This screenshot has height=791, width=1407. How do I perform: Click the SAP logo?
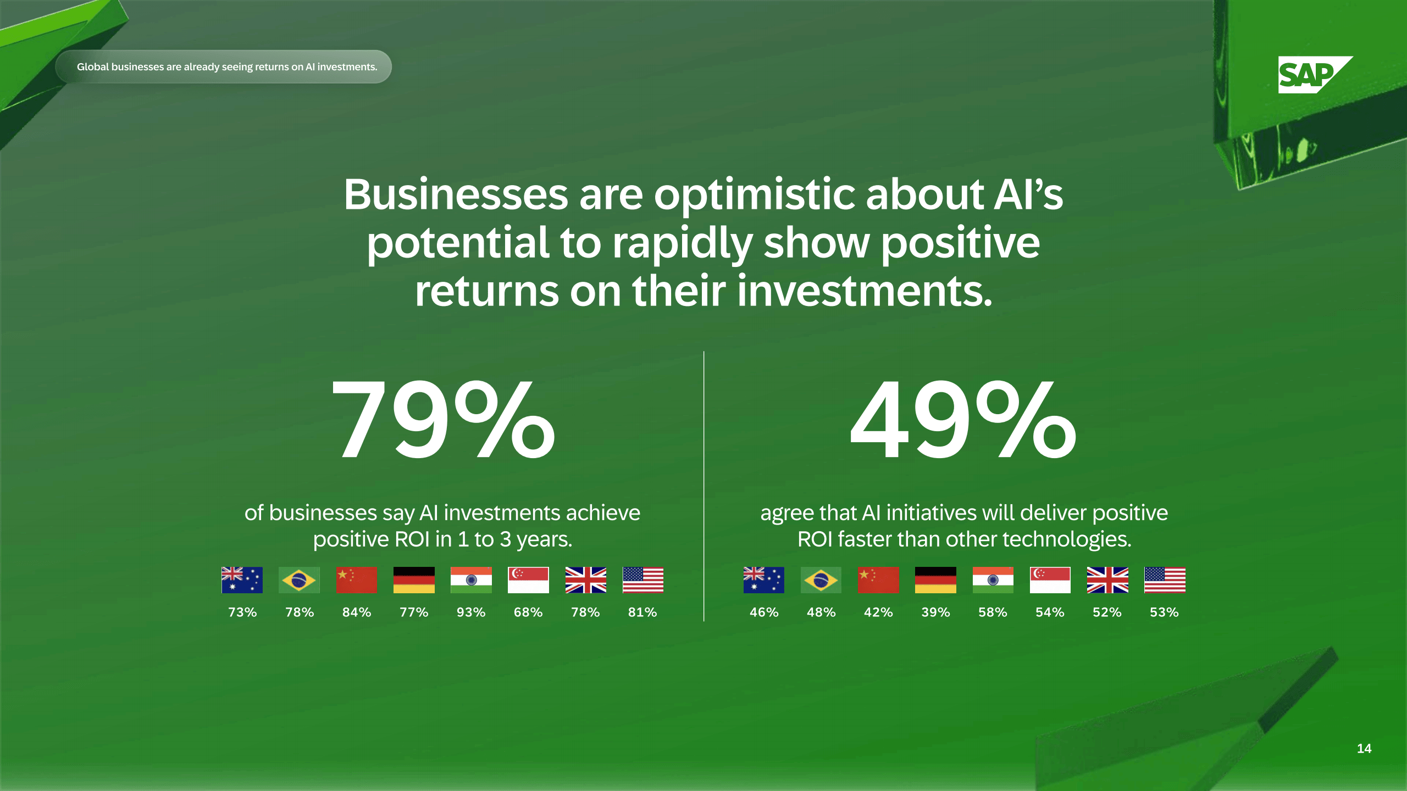[1315, 75]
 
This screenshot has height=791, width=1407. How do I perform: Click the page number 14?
[1364, 749]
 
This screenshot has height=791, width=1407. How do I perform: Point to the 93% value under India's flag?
[471, 612]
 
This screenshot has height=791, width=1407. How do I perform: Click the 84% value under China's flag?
[357, 612]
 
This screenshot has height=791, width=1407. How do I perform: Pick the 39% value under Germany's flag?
[935, 612]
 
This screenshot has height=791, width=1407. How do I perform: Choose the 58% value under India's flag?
[993, 612]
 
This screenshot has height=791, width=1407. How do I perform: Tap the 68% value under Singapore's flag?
[528, 612]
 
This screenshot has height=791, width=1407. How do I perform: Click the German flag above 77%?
[414, 580]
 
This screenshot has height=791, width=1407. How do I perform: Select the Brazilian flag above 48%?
[821, 580]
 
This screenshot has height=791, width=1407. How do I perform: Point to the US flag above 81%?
[643, 580]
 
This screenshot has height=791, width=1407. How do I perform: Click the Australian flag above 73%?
[242, 580]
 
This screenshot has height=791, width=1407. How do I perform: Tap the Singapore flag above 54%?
[1050, 580]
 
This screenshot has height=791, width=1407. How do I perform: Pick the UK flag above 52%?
[1107, 580]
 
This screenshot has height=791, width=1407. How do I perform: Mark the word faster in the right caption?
[866, 539]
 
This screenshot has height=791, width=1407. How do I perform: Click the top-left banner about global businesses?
[224, 66]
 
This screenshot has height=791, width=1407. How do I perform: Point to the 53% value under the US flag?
[1164, 612]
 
